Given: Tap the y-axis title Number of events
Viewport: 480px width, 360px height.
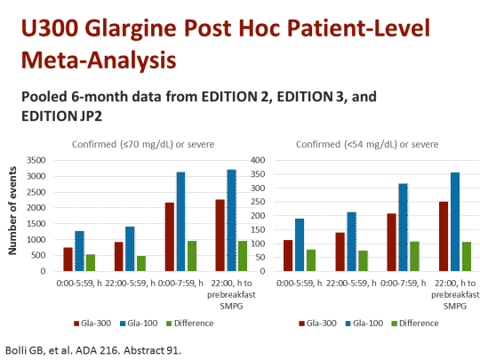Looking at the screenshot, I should coord(13,215).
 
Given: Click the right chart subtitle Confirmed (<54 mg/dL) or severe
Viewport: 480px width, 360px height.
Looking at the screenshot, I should coord(366,145).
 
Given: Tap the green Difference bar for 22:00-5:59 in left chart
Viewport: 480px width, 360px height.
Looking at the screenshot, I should coord(140,263).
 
